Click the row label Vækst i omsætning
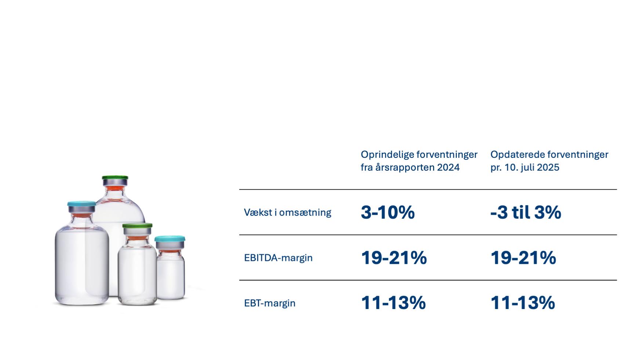click(x=287, y=212)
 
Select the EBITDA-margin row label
click(x=278, y=258)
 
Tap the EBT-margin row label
click(x=270, y=303)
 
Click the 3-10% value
click(x=388, y=212)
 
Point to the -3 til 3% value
click(x=526, y=212)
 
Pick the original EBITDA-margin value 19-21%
click(x=394, y=258)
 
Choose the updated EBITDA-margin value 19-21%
click(x=523, y=258)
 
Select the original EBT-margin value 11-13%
click(x=393, y=303)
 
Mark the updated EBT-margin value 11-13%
click(x=523, y=303)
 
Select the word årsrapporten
click(x=405, y=168)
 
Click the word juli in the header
click(x=526, y=167)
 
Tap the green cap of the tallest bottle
click(x=115, y=178)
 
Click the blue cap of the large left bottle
click(x=81, y=204)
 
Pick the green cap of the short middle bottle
click(x=137, y=225)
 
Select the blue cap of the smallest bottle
click(x=170, y=239)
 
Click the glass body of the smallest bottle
click(x=171, y=275)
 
